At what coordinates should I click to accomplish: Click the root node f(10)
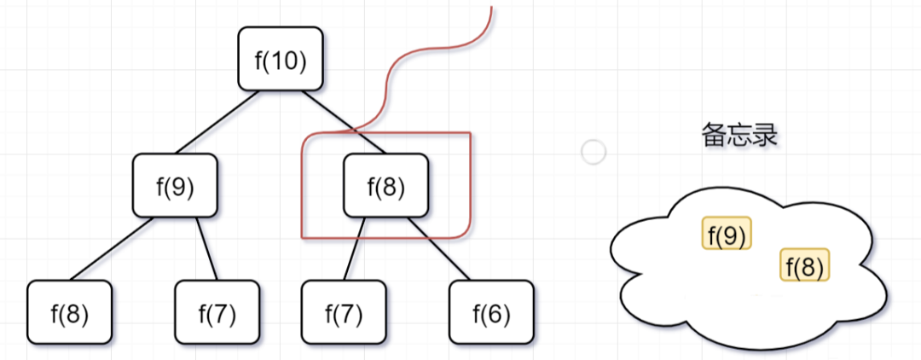click(x=281, y=59)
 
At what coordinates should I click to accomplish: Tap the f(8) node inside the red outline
click(x=386, y=185)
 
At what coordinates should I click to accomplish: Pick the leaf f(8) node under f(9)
click(x=69, y=312)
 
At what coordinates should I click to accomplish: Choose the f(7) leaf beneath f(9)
click(x=217, y=312)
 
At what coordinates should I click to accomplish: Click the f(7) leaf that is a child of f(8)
click(x=344, y=312)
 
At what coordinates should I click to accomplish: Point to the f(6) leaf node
click(x=492, y=312)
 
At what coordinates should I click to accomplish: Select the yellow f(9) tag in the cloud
click(x=727, y=233)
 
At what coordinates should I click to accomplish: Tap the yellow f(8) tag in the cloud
click(x=805, y=264)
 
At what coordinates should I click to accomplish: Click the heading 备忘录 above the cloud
click(x=739, y=136)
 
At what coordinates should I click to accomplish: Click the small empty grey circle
click(x=594, y=152)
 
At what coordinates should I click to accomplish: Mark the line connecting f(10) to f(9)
click(x=218, y=122)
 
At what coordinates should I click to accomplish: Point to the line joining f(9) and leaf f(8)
click(x=113, y=248)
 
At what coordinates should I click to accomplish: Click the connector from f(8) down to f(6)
click(x=439, y=248)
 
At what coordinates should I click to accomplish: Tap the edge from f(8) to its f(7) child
click(x=354, y=248)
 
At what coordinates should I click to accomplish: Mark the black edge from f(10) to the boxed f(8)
click(x=344, y=122)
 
